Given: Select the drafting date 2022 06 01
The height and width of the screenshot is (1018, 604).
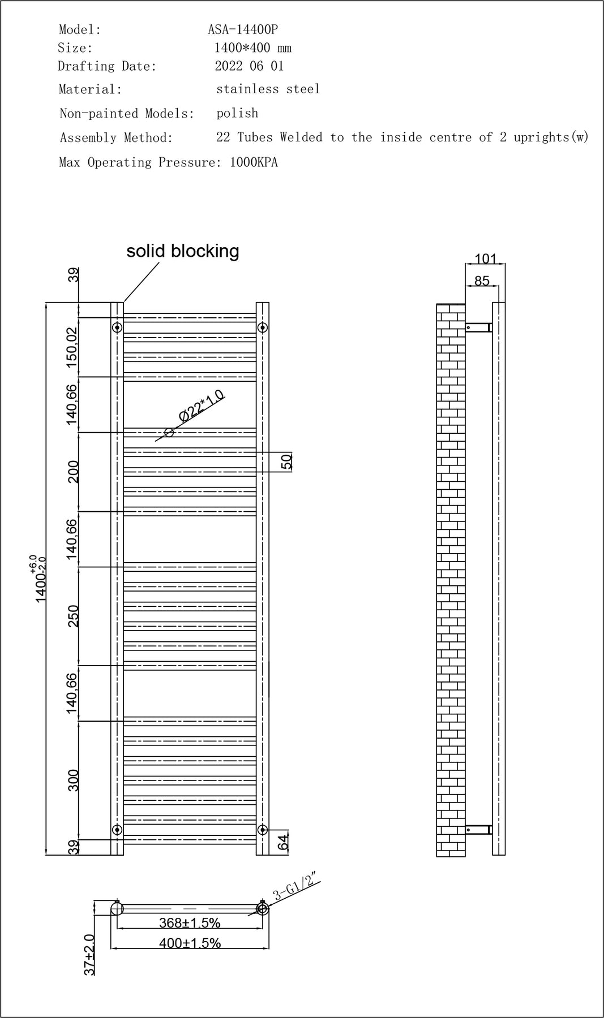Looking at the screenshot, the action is (x=249, y=66).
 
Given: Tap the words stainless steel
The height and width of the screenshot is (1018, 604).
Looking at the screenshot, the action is (x=268, y=89).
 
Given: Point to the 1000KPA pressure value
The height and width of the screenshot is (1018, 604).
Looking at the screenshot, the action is (x=254, y=162).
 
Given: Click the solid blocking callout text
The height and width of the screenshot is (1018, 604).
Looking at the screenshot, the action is (x=182, y=251).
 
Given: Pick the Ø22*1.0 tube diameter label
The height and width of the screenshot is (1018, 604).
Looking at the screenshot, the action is (x=202, y=406).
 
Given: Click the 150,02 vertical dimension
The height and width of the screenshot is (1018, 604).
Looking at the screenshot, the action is (x=72, y=347).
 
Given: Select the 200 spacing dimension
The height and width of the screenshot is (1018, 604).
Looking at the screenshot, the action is (x=73, y=472).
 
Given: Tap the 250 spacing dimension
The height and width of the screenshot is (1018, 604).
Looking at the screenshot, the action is (x=73, y=616).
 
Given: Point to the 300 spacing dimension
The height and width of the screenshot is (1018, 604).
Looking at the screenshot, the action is (x=73, y=780).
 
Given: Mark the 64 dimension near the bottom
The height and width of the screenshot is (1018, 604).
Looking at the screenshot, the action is (x=284, y=843).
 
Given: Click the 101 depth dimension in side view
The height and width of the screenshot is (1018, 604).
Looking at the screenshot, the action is (x=486, y=258).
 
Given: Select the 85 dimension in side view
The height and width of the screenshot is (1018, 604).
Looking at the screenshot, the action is (x=482, y=281).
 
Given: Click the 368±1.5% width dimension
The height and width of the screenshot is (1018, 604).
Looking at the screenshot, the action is (x=190, y=922).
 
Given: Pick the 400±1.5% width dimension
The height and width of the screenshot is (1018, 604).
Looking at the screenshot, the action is (x=190, y=943).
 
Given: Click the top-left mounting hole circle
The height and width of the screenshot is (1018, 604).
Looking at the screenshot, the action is (x=117, y=327).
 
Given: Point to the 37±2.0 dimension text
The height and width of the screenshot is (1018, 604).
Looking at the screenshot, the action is (x=89, y=955).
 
